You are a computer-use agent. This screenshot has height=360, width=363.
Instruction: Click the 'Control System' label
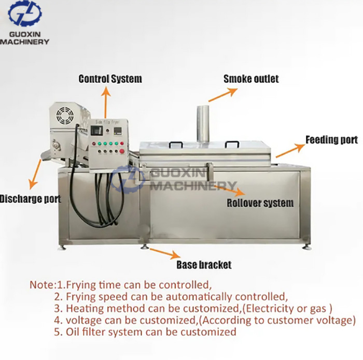click(110, 79)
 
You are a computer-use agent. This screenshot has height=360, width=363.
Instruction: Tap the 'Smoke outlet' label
click(251, 79)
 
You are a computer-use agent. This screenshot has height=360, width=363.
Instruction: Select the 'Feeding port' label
click(331, 140)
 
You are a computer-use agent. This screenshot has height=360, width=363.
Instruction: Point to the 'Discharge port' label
click(30, 199)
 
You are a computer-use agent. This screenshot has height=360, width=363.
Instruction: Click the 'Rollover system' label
click(260, 203)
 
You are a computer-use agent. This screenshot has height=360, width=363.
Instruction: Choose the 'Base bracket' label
click(203, 265)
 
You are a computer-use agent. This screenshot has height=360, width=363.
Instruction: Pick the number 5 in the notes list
click(58, 332)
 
